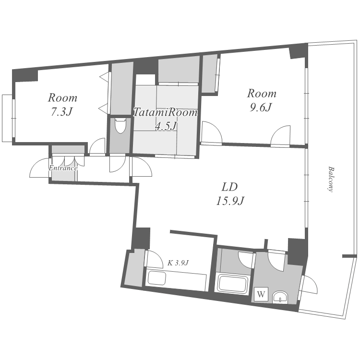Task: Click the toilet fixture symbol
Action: (x=120, y=125)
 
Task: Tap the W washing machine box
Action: (x=261, y=294)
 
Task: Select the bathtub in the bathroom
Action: (x=233, y=284)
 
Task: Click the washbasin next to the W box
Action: (x=280, y=297)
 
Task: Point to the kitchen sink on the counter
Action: (x=157, y=277)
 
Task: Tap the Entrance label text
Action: (x=63, y=168)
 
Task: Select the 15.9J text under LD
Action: (x=230, y=201)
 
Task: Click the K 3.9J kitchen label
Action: (x=178, y=263)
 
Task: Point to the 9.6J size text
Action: (x=261, y=107)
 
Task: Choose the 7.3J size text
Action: (x=61, y=111)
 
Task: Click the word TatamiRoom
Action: (x=165, y=112)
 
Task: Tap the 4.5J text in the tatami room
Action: (x=166, y=126)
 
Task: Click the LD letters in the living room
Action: (x=229, y=187)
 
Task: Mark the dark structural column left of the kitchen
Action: (x=141, y=238)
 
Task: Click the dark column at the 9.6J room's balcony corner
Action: (x=298, y=50)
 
